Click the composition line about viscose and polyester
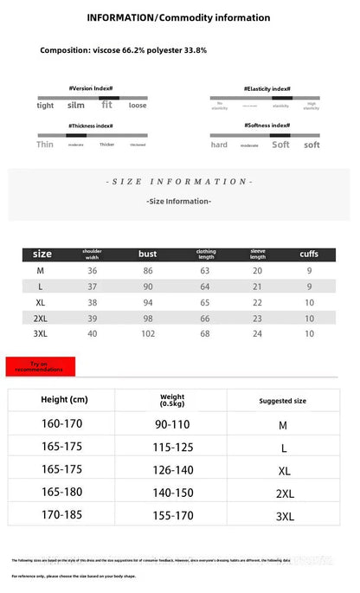[x=123, y=50]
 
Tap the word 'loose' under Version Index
[x=138, y=106]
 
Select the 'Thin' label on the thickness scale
[x=45, y=145]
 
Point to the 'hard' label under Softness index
[x=219, y=145]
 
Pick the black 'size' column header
[x=42, y=254]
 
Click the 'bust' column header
[x=147, y=254]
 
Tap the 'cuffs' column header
[x=309, y=254]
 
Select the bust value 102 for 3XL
[x=147, y=333]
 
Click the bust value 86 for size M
[x=147, y=271]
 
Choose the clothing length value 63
[x=205, y=271]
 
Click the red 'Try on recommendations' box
[x=41, y=366]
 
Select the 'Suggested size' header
[x=282, y=401]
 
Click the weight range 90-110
[x=172, y=424]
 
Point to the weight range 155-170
[x=172, y=514]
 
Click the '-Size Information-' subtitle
[x=179, y=201]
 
